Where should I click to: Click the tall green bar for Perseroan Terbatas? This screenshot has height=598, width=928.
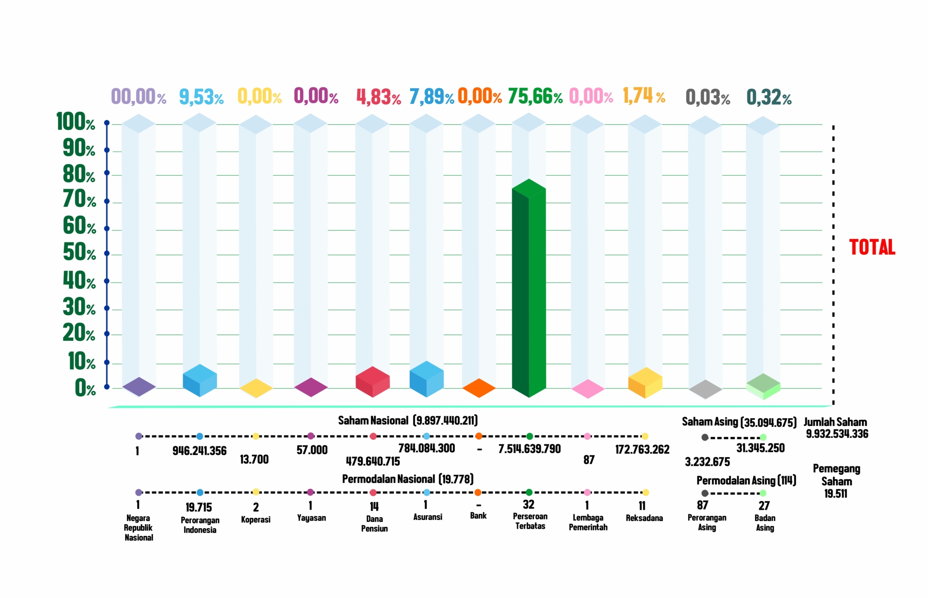tap(528, 290)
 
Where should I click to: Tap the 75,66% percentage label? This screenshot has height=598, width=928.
tap(535, 96)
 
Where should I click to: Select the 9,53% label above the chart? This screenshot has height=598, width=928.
tap(201, 97)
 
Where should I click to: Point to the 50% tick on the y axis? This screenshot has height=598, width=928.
tap(79, 252)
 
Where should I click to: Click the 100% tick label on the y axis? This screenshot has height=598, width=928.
tap(76, 122)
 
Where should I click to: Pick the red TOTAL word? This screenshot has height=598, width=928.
tap(872, 247)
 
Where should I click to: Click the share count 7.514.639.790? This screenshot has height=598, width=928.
tap(529, 449)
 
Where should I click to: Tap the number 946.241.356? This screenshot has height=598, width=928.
tap(199, 451)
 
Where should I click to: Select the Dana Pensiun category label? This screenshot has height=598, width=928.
tap(374, 524)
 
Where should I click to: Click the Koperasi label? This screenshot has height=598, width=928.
tap(256, 520)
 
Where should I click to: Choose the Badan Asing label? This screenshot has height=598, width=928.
tap(765, 523)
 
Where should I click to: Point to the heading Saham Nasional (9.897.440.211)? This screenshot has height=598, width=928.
tap(408, 421)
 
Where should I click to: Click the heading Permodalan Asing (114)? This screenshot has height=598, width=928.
tap(746, 481)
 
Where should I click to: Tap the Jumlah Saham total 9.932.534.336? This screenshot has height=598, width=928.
tap(837, 434)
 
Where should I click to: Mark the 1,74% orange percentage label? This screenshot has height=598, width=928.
tap(644, 96)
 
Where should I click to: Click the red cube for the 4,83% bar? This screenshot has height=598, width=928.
tap(372, 381)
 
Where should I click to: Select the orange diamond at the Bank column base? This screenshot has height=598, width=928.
tap(479, 388)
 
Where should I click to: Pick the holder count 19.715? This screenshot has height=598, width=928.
tap(198, 507)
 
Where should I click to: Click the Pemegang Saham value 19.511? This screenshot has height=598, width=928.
tap(836, 494)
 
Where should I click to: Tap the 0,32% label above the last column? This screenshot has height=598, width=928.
tap(769, 97)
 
